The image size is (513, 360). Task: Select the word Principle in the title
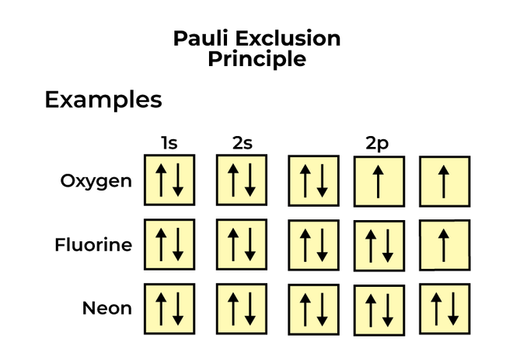[x=256, y=59]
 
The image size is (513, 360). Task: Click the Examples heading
[x=103, y=100]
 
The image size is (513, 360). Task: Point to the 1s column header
[x=169, y=143]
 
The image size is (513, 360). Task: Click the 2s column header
[x=242, y=143]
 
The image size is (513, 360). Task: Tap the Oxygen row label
[x=96, y=181]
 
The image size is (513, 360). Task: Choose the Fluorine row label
[x=93, y=246]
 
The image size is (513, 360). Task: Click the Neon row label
[x=107, y=309]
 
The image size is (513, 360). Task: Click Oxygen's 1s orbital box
[x=169, y=180]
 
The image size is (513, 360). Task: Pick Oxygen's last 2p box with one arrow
[x=445, y=180]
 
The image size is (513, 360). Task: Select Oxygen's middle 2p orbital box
[x=379, y=180]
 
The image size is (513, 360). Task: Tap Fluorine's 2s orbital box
[x=242, y=244]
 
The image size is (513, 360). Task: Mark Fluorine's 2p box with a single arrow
[x=445, y=245]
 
